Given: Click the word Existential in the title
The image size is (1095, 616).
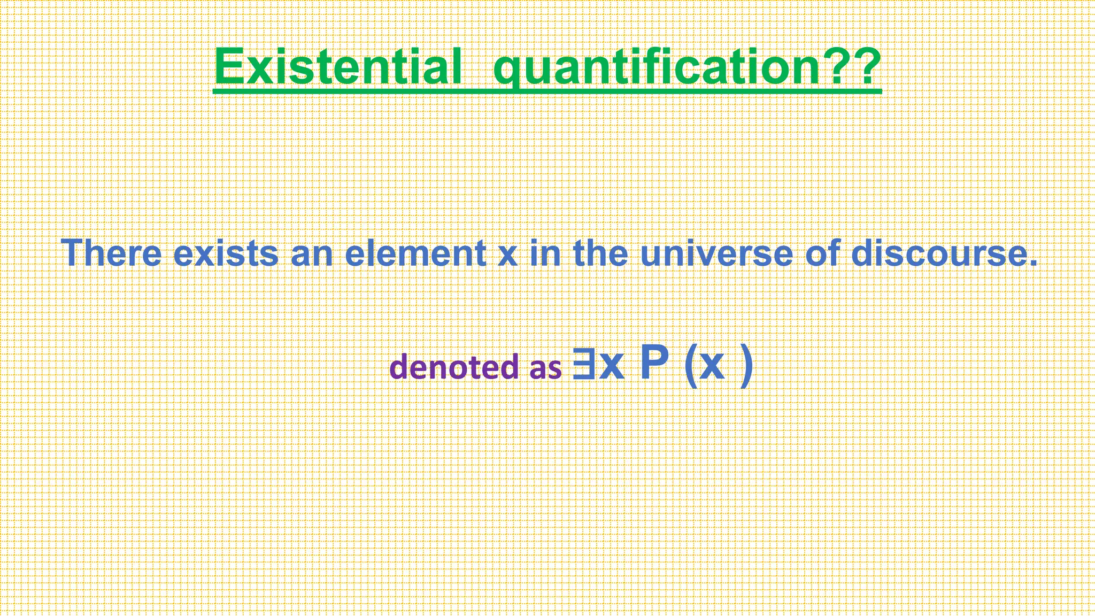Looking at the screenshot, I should [x=337, y=67].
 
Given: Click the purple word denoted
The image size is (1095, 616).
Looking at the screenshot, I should [x=454, y=367].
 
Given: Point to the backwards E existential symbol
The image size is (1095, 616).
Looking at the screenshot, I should [x=583, y=364].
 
